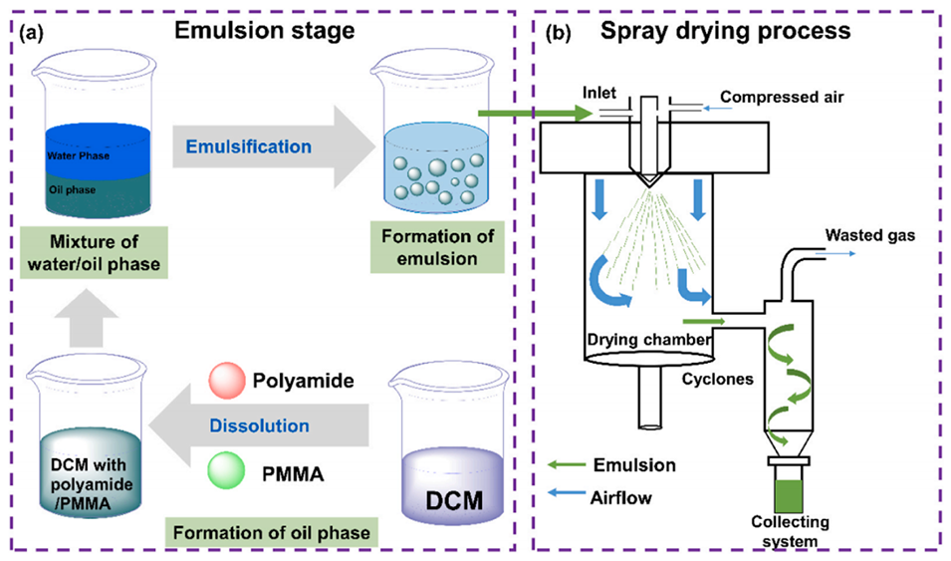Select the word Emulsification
point(248,146)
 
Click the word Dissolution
point(260,425)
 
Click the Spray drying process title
point(725,30)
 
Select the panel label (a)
point(32,32)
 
